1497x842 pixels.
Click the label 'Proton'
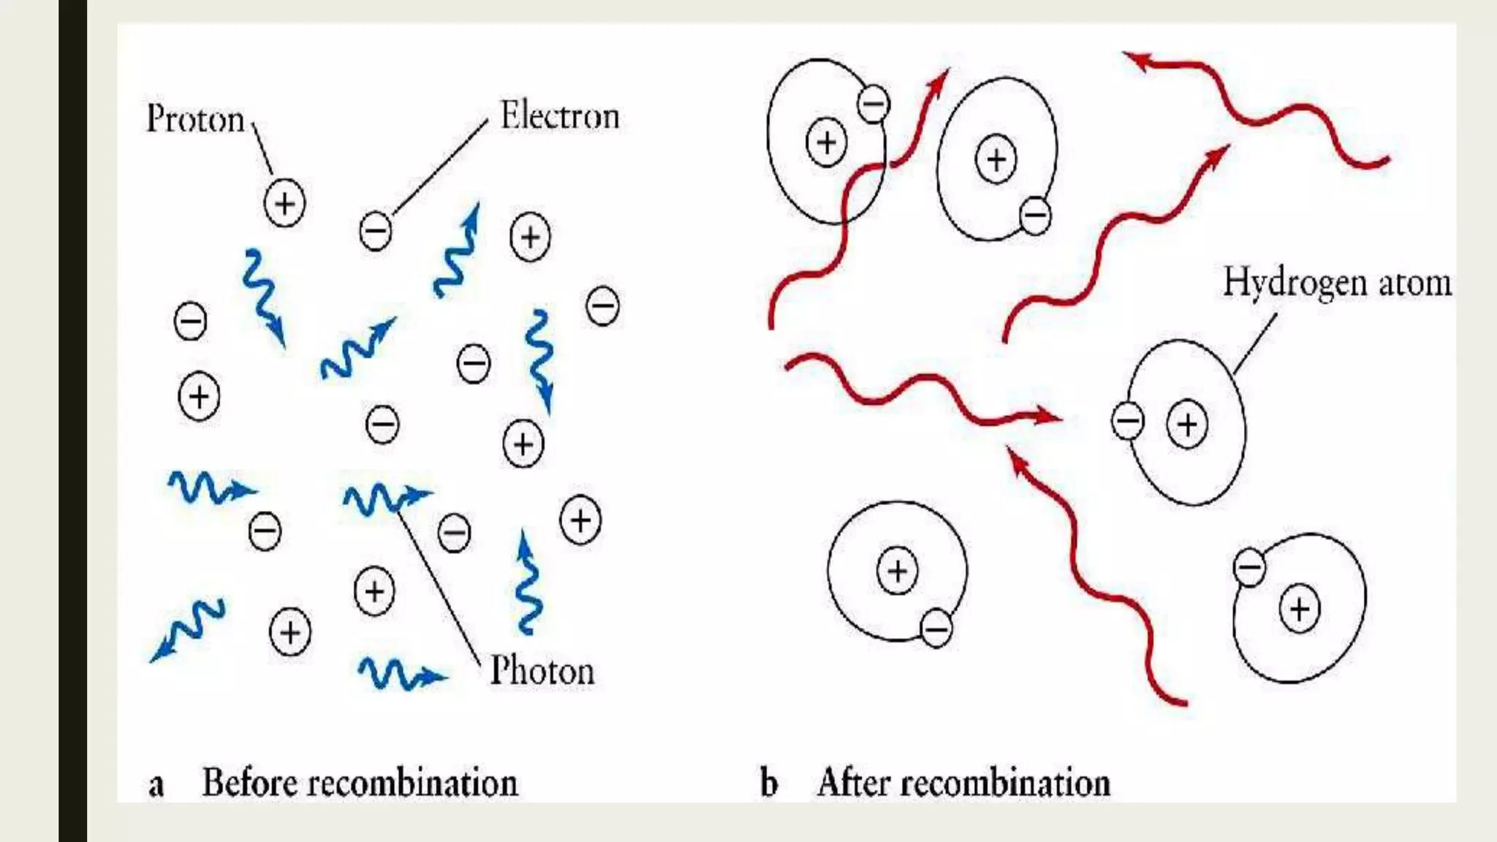195,118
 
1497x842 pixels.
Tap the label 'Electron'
559,115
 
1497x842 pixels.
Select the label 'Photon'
542,670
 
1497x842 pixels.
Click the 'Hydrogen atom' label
1336,283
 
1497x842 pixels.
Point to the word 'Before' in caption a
249,783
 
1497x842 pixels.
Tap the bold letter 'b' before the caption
768,784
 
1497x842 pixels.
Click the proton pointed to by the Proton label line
284,203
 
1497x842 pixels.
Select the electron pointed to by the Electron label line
376,232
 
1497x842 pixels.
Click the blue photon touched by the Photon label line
384,498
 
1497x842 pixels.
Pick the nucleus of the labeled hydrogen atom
1187,424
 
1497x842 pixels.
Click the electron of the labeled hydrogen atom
1127,420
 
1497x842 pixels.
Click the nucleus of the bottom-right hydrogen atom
1299,609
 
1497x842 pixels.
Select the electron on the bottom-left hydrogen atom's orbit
936,628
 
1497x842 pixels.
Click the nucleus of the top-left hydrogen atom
826,142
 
